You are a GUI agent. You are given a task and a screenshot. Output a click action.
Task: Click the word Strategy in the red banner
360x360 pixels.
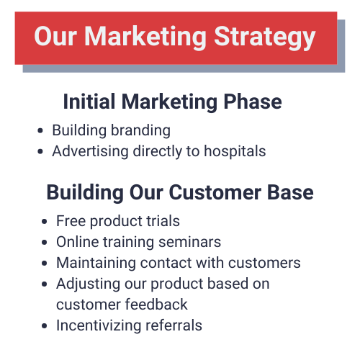pos(265,37)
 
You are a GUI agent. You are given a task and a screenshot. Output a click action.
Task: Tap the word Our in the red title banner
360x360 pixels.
pos(55,36)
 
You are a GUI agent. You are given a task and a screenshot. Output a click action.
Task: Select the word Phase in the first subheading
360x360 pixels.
pos(253,102)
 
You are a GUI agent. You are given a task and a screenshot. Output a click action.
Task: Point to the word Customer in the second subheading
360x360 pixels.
pos(215,192)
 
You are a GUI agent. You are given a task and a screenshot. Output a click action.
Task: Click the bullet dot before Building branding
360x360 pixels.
pos(40,131)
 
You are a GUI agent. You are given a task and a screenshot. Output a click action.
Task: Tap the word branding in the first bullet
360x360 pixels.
pos(140,130)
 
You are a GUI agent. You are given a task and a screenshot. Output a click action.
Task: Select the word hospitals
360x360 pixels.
pos(235,151)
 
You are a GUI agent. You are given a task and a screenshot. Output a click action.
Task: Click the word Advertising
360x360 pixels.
pos(90,151)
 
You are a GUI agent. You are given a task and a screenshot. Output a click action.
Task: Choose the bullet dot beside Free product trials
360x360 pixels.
pos(45,221)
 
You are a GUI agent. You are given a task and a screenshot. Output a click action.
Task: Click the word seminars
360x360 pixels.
pos(189,242)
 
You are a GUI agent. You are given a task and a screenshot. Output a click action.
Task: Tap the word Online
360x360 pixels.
pos(78,241)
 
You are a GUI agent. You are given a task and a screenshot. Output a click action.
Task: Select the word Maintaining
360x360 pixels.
pos(96,263)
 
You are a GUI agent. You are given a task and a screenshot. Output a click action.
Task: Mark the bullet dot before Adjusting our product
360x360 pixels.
pos(45,284)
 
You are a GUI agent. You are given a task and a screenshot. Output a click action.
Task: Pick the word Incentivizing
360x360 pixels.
pos(99,325)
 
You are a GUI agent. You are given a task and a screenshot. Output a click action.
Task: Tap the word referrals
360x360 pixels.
pos(174,325)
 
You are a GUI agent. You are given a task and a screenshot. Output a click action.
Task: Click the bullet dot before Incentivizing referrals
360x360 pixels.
pos(45,326)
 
